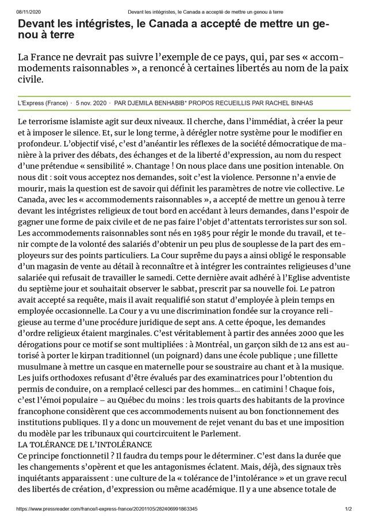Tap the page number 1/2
(348, 509)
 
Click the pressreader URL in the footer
(107, 509)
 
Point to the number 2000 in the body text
(287, 333)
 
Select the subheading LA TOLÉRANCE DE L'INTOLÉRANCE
(85, 444)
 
